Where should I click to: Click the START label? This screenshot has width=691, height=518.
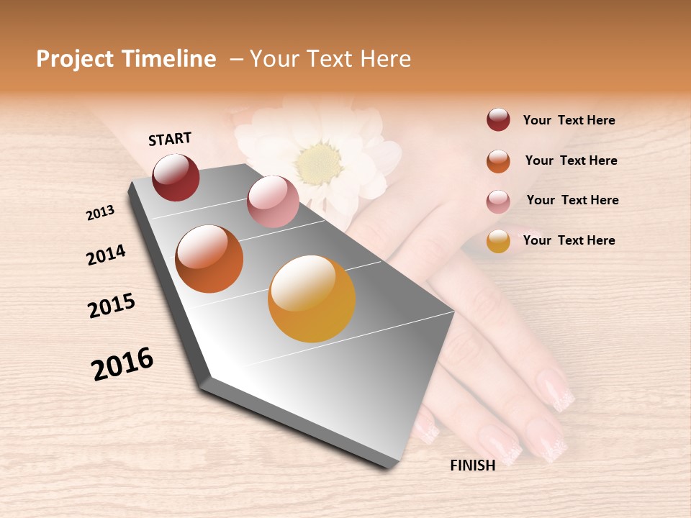pos(170,139)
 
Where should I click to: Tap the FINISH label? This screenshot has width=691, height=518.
pos(472,465)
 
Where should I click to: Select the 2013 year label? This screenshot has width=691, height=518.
pos(101,213)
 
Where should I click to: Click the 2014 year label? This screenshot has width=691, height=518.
pos(106,255)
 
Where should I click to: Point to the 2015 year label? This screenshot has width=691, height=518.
pos(112,306)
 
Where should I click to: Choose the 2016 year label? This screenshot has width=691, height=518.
pos(122,363)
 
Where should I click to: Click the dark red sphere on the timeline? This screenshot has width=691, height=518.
pos(176,178)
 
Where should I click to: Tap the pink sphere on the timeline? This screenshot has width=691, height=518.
pos(273,201)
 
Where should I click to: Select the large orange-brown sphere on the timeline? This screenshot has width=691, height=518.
pos(209,259)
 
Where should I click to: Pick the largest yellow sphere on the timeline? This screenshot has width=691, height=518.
pos(312,299)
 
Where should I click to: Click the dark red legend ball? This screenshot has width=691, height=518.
pos(498,120)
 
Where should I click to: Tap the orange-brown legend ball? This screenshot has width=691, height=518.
pos(498,161)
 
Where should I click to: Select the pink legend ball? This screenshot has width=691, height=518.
pos(498,201)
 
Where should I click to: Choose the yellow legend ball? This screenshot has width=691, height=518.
pos(498,242)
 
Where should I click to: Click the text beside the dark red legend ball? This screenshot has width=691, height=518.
pos(569,121)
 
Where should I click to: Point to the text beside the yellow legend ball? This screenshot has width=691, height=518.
pos(569,240)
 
